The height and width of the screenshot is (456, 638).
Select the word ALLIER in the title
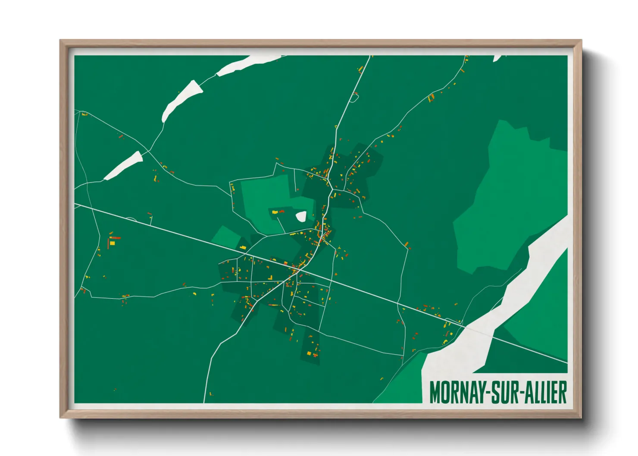click(545, 392)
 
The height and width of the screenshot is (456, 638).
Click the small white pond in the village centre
click(301, 216)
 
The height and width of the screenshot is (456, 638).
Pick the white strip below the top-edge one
click(181, 100)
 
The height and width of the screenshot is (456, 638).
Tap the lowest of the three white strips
click(124, 166)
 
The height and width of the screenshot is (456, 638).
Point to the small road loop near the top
click(354, 97)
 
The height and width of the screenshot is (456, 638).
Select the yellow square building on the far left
click(113, 243)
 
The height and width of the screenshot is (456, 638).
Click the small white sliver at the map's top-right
click(497, 58)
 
